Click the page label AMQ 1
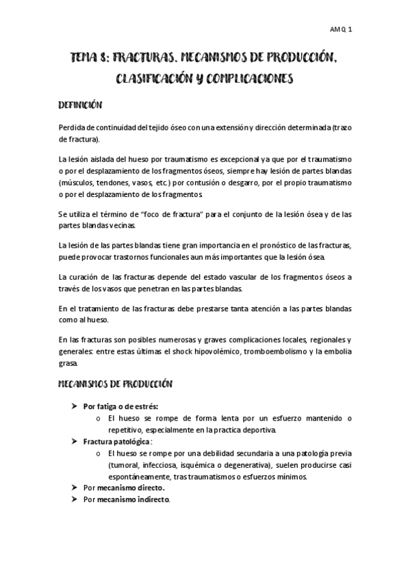click(x=340, y=29)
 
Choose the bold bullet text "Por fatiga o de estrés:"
click(x=120, y=406)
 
